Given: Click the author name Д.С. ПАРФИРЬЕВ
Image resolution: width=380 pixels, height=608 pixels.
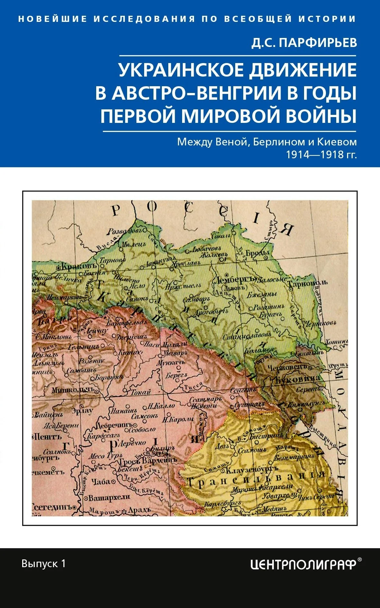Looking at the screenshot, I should pos(304,43).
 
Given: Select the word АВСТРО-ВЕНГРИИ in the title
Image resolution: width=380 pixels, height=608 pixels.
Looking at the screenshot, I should pos(203,93).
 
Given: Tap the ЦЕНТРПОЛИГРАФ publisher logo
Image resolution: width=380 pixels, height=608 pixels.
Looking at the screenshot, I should pos(303,564).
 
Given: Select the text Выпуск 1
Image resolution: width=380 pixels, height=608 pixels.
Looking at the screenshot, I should pos(43,563).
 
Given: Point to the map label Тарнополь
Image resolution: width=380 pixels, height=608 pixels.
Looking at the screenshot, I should pos(307,283).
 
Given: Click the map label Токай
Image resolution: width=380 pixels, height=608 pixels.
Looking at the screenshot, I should pos(140,392).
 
